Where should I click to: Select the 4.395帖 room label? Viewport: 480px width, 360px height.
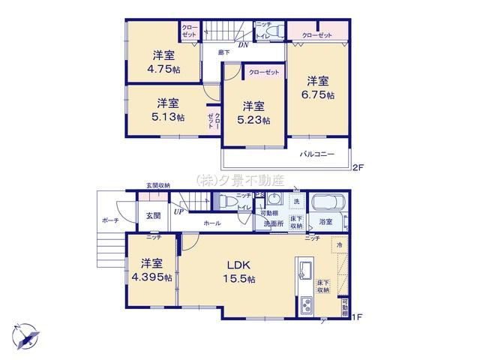coord(151,270)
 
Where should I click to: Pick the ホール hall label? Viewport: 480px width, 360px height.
coord(211,223)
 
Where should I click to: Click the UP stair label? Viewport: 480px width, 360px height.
coord(178,212)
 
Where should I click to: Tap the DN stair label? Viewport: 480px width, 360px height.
coord(243,44)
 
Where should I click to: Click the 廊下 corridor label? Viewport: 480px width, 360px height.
coord(223,52)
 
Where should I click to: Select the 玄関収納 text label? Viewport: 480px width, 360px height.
coord(157,185)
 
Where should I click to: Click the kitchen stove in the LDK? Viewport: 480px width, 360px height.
coord(306,304)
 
